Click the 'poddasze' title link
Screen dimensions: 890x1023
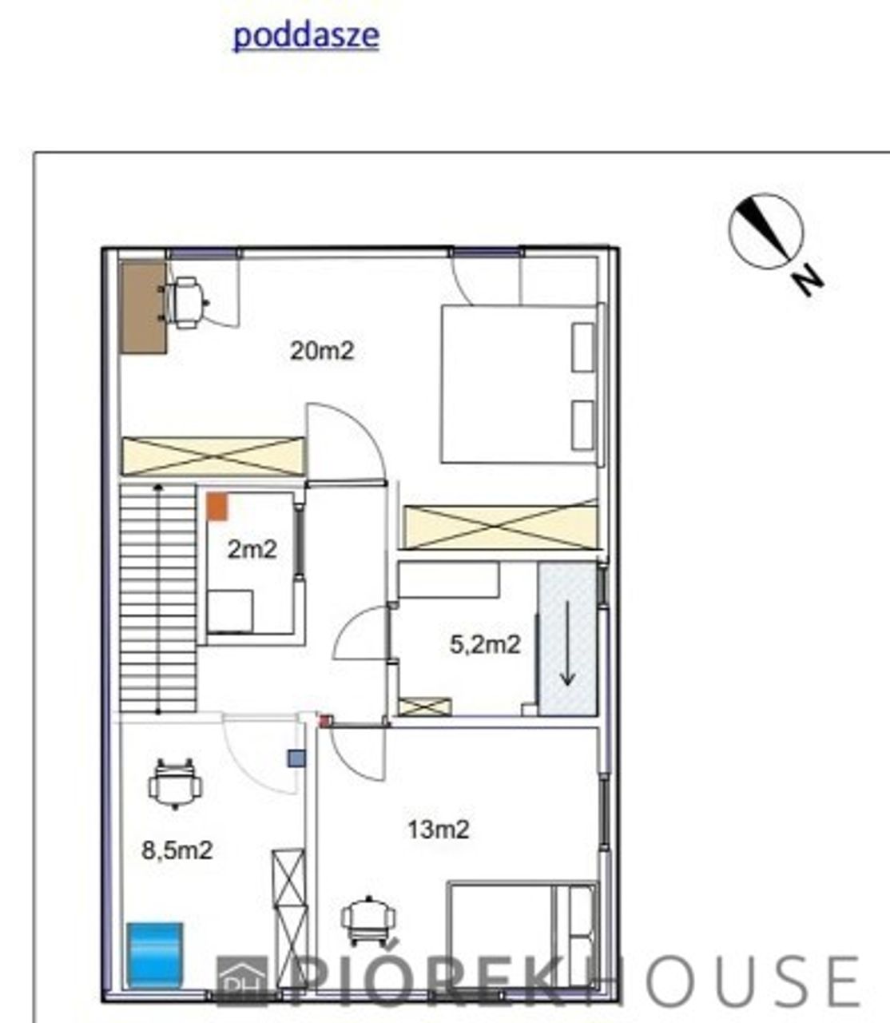pyautogui.click(x=306, y=36)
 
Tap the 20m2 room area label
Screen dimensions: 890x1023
pyautogui.click(x=322, y=351)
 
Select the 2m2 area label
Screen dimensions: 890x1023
pyautogui.click(x=252, y=550)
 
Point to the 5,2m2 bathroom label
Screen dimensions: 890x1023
pyautogui.click(x=485, y=644)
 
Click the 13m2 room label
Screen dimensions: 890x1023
pyautogui.click(x=439, y=830)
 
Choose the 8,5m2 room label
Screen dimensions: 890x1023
pyautogui.click(x=177, y=850)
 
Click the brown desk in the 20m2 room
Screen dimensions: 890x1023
pyautogui.click(x=144, y=306)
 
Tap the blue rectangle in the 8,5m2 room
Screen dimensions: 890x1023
pyautogui.click(x=155, y=956)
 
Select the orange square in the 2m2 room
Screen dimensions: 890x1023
pyautogui.click(x=217, y=507)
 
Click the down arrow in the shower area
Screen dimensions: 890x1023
pyautogui.click(x=567, y=643)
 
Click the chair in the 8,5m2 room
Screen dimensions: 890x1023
pyautogui.click(x=175, y=783)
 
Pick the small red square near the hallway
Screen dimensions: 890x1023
pyautogui.click(x=326, y=721)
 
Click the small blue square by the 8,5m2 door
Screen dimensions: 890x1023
pyautogui.click(x=296, y=758)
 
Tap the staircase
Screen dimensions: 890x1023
pyautogui.click(x=158, y=598)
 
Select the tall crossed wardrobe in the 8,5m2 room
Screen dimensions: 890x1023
pyautogui.click(x=289, y=918)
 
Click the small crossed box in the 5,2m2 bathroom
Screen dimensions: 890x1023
pyautogui.click(x=425, y=707)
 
